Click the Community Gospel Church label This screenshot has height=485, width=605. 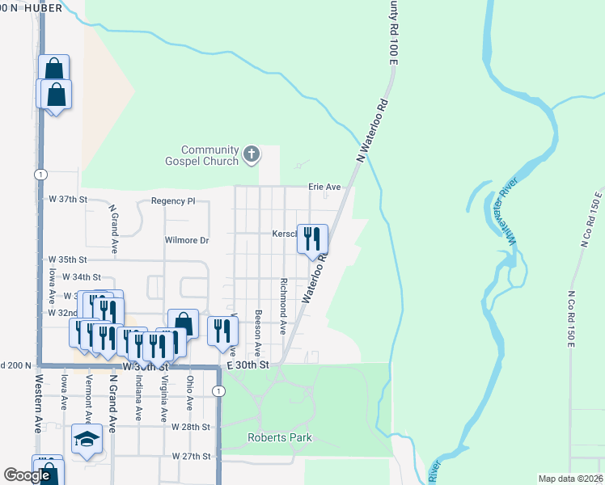(x=209, y=155)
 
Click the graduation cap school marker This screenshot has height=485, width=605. (x=87, y=439)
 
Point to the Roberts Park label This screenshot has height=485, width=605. (x=279, y=438)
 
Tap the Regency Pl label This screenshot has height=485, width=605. (x=173, y=200)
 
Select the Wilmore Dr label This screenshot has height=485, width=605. (x=187, y=240)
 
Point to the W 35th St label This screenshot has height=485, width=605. (x=67, y=259)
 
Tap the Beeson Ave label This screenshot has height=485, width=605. (x=257, y=332)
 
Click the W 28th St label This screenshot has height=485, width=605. (x=191, y=426)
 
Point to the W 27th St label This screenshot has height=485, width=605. (x=191, y=456)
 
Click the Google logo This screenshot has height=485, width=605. (x=27, y=475)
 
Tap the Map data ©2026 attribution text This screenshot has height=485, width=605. (x=569, y=479)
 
